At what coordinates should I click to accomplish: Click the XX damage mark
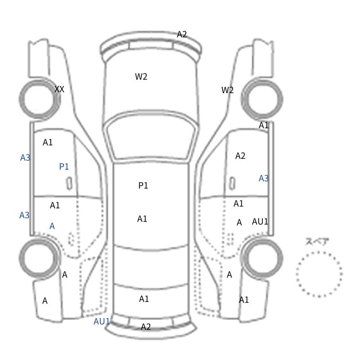point(59,89)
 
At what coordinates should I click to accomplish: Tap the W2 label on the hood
point(141,76)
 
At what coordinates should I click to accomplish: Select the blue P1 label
point(64,166)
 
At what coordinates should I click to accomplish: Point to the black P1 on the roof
point(143,185)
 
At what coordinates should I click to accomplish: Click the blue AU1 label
point(102,321)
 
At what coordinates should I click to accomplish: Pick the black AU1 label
point(260,221)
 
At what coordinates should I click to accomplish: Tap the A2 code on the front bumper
point(182,35)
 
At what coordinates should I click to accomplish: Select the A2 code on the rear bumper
point(146,327)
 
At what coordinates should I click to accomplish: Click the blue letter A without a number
point(52,226)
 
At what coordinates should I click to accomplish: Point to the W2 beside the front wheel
point(227,90)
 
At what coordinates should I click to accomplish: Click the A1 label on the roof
point(142,219)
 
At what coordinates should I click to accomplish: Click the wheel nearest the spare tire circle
point(262,258)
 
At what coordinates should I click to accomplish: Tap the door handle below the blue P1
point(69,184)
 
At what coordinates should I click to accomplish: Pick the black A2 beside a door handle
point(240,156)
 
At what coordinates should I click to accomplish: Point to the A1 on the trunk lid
point(144,299)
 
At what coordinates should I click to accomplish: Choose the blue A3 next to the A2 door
point(264,178)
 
